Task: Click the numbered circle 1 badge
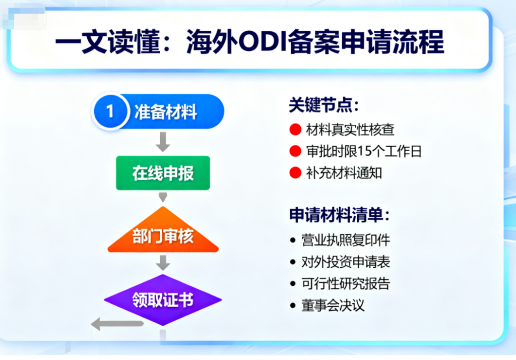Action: click(x=110, y=111)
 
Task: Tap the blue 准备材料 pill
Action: click(x=158, y=111)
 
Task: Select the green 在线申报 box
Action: click(x=163, y=173)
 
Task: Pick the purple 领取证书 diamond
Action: click(x=163, y=299)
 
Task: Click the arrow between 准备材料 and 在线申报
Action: click(x=163, y=142)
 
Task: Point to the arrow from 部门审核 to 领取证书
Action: click(x=163, y=263)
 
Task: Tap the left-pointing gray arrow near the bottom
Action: click(x=117, y=324)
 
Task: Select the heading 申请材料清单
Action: click(x=340, y=215)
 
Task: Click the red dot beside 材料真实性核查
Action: click(x=295, y=130)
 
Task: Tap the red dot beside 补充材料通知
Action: click(x=295, y=172)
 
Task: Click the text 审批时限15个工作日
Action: click(x=364, y=151)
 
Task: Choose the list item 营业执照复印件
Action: click(x=346, y=240)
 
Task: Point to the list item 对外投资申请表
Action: click(x=346, y=262)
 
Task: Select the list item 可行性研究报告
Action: click(x=346, y=283)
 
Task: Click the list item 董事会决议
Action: click(x=333, y=306)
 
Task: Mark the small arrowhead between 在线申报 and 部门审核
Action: click(x=163, y=197)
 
